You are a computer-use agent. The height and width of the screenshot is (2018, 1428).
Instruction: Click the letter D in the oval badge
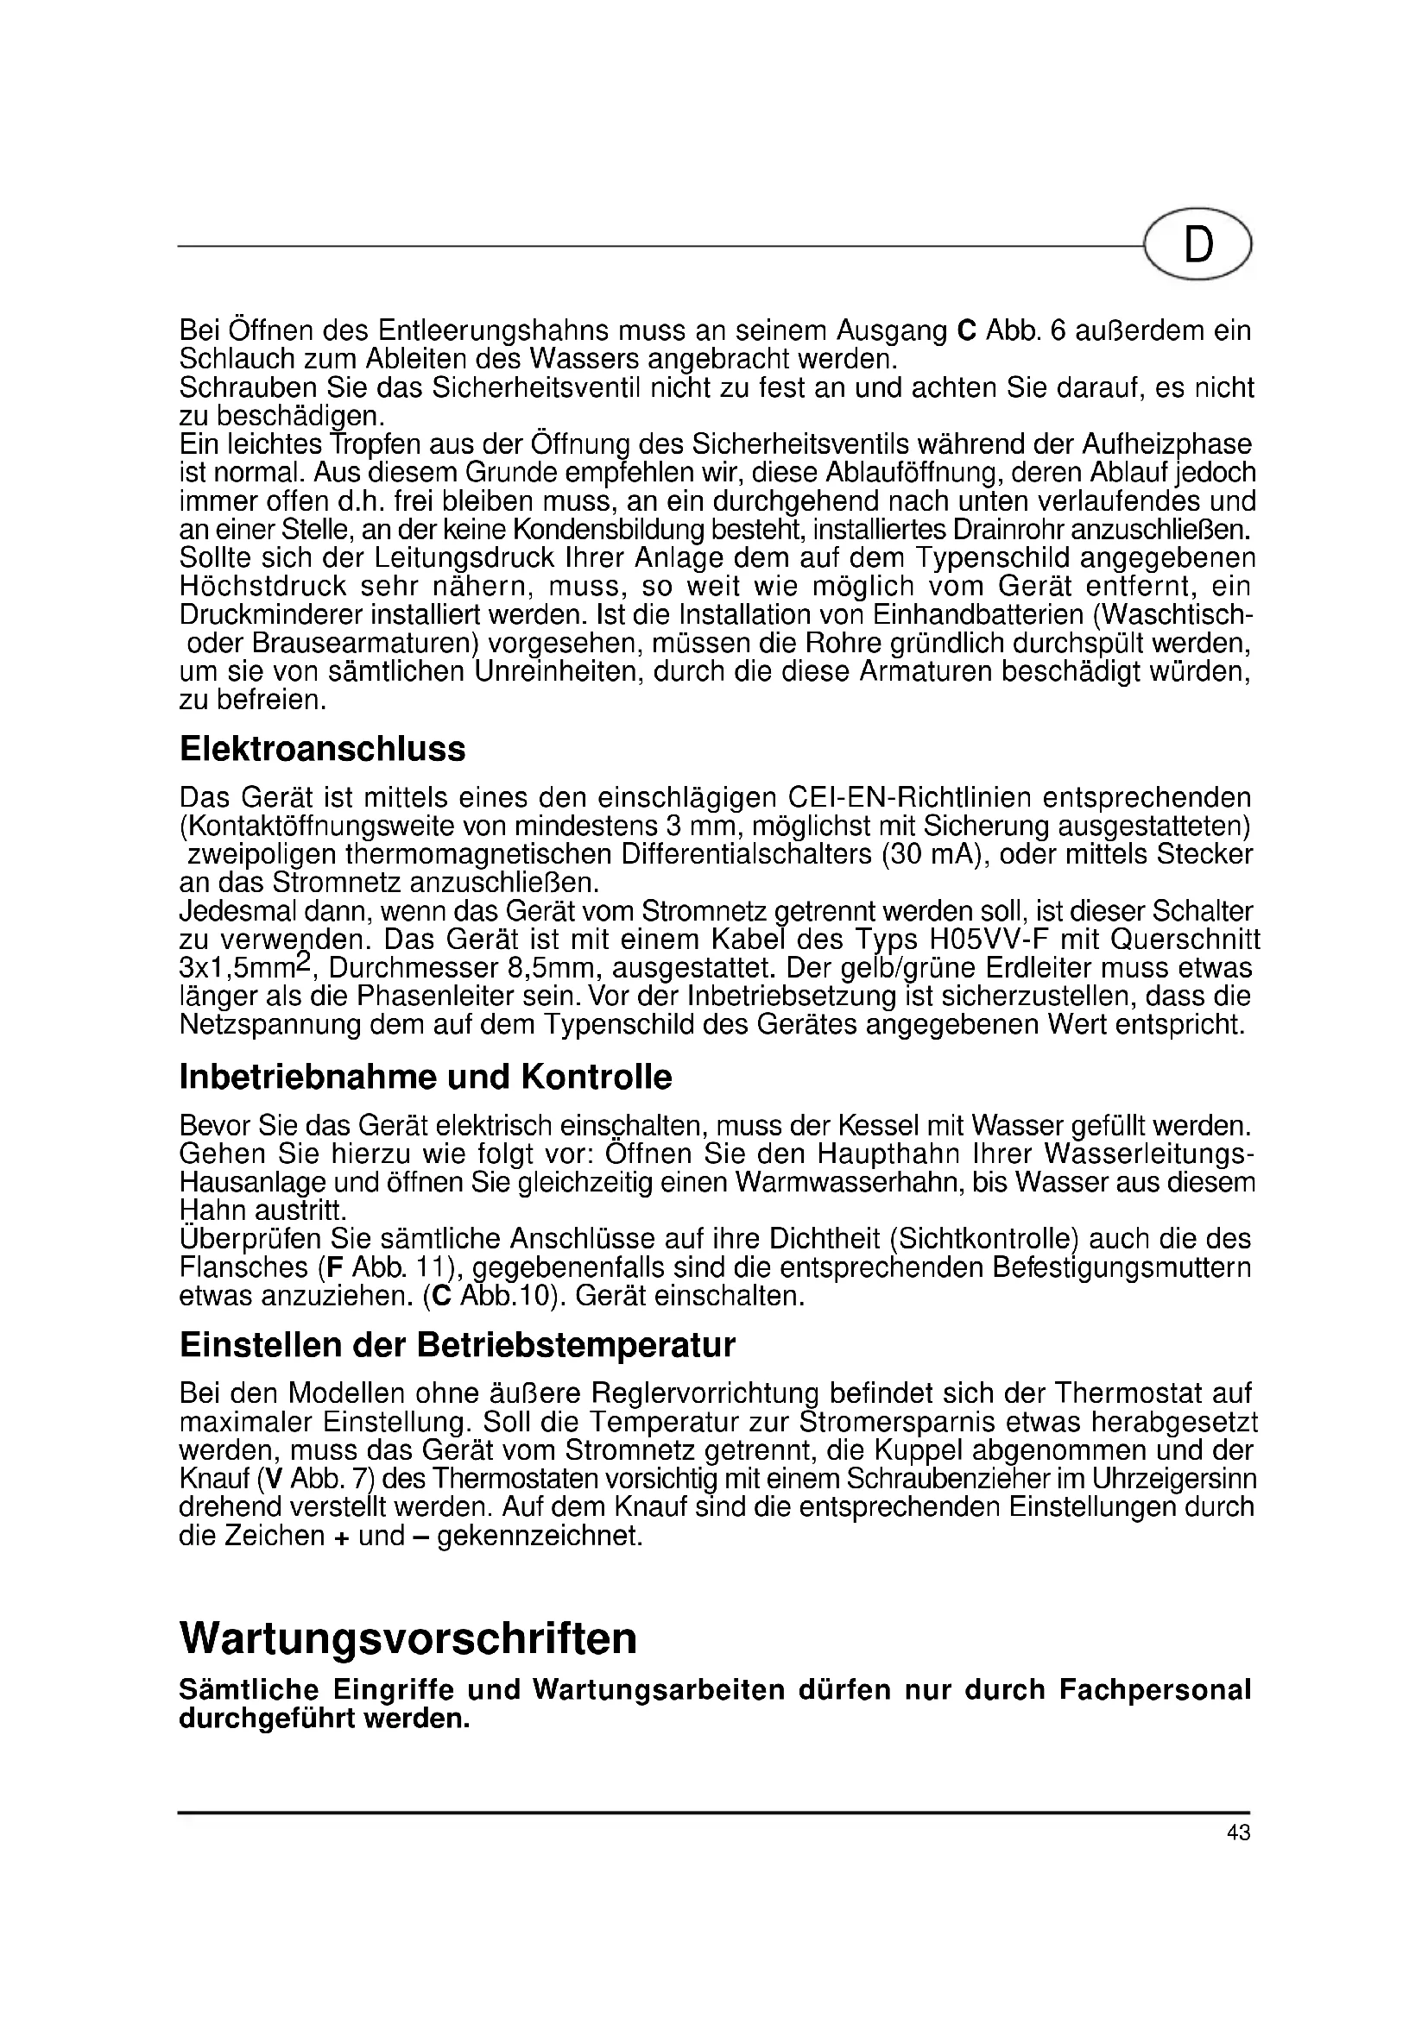pyautogui.click(x=1197, y=245)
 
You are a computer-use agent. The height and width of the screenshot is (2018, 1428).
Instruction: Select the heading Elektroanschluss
pyautogui.click(x=322, y=750)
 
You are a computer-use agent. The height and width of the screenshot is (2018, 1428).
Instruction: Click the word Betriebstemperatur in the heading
pyautogui.click(x=587, y=1345)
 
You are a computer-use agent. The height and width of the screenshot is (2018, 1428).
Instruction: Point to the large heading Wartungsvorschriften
pyautogui.click(x=408, y=1638)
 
